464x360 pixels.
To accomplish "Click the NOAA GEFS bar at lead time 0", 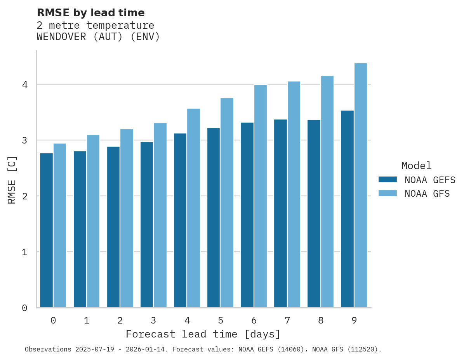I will coord(46,230).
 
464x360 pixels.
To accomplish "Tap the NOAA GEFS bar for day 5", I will coord(214,218).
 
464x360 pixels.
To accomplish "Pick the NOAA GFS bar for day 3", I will coord(160,215).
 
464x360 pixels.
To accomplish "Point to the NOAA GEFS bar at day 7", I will coord(280,213).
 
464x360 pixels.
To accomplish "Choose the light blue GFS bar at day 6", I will coord(260,196).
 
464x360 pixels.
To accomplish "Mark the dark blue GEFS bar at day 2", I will coord(113,227).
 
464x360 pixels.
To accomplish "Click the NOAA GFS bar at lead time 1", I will coord(93,221).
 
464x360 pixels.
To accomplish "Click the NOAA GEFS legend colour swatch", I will coord(388,180).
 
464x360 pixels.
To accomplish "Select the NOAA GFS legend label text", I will coord(427,194).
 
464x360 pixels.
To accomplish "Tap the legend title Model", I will coord(416,166).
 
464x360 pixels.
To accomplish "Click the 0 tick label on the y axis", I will coord(24,308).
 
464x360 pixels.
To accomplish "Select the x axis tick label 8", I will coord(321,321).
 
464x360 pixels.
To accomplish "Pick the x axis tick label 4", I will coord(187,321).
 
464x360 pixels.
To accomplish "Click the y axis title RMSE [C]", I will coord(12,180).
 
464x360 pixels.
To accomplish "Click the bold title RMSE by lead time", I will coord(90,13).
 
